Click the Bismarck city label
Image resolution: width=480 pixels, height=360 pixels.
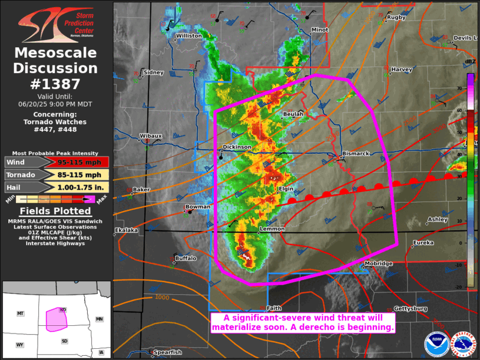(x=356, y=154)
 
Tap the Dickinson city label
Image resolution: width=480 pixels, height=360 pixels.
(x=237, y=147)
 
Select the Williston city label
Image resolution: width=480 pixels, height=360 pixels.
(x=189, y=36)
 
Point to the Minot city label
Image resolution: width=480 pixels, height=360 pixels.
(x=320, y=29)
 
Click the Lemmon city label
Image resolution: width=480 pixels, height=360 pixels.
(x=272, y=229)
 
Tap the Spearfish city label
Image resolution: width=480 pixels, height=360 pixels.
(x=168, y=352)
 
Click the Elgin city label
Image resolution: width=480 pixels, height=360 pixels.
(x=286, y=189)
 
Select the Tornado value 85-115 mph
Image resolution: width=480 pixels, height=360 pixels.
(x=79, y=175)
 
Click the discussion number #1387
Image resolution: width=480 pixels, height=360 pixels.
(x=55, y=84)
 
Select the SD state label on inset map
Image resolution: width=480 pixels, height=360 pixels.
(x=64, y=341)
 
